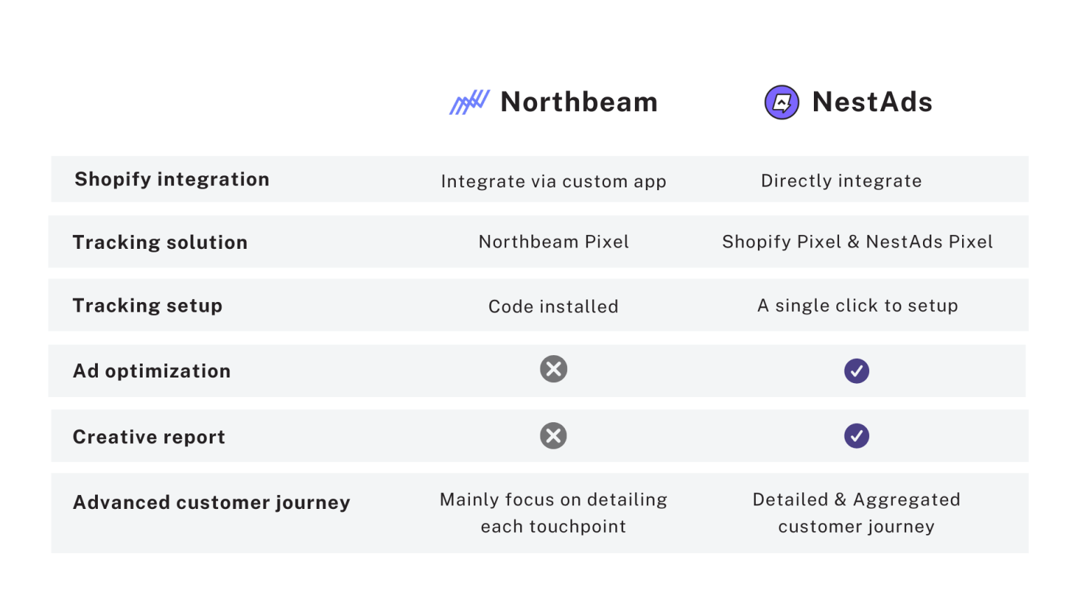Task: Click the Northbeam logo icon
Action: point(469,102)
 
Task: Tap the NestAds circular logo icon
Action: point(782,103)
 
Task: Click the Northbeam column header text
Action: point(579,102)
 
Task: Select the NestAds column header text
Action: point(872,102)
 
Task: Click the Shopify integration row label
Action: point(172,180)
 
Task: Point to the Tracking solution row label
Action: point(160,243)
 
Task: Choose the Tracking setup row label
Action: point(148,305)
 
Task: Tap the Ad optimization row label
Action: point(152,371)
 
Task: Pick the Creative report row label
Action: point(149,437)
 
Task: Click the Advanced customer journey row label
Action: point(211,503)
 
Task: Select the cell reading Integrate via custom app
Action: point(553,182)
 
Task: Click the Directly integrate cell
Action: point(841,181)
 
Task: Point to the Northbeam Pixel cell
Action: point(554,242)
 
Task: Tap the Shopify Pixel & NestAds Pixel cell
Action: point(857,242)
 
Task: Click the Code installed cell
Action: point(553,306)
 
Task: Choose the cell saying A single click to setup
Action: point(857,305)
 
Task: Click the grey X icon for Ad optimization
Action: point(553,369)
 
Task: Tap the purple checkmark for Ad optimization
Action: point(857,371)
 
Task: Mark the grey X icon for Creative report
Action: point(553,436)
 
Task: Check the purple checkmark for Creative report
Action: point(857,436)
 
